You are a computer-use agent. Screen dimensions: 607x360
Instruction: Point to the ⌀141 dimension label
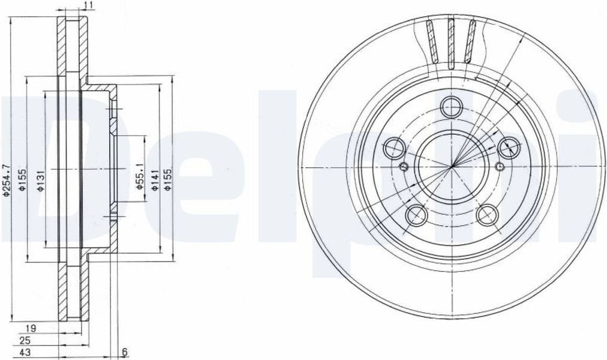(154, 181)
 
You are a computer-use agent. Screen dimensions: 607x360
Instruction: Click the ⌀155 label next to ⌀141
(167, 180)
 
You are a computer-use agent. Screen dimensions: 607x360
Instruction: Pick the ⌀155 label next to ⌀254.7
(22, 180)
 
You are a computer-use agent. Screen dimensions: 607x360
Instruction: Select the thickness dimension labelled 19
(31, 329)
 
